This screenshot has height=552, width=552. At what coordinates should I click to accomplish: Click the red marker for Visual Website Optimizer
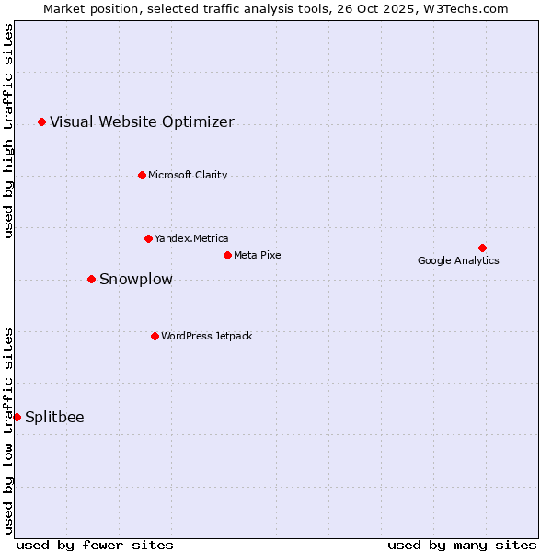(41, 121)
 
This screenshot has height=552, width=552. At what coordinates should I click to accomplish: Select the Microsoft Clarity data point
(142, 175)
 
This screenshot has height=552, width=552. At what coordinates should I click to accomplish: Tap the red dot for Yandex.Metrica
(148, 238)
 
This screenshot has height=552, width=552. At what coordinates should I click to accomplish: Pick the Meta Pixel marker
(227, 255)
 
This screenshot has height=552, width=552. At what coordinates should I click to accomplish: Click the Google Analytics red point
(482, 247)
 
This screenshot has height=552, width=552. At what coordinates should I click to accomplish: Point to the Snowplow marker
(91, 279)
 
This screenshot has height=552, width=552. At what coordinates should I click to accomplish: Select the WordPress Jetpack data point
(155, 336)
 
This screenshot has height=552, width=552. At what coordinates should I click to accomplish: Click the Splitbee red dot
(17, 417)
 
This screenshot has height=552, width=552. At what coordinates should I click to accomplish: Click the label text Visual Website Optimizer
(142, 121)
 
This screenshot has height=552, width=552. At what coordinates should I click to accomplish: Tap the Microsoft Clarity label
(188, 175)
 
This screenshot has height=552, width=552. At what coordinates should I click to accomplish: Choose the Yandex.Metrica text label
(191, 238)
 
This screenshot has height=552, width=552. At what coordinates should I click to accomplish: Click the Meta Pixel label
(259, 255)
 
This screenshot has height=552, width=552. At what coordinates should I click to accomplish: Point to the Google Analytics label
(458, 260)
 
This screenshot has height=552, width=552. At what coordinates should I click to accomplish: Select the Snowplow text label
(136, 279)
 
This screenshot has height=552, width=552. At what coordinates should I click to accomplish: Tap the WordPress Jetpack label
(206, 336)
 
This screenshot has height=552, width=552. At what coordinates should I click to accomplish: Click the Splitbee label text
(54, 417)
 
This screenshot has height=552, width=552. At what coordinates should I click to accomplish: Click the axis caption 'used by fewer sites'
(95, 545)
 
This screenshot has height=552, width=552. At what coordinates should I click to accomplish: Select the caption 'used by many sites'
(462, 545)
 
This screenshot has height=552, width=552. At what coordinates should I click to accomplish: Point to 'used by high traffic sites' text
(8, 131)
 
